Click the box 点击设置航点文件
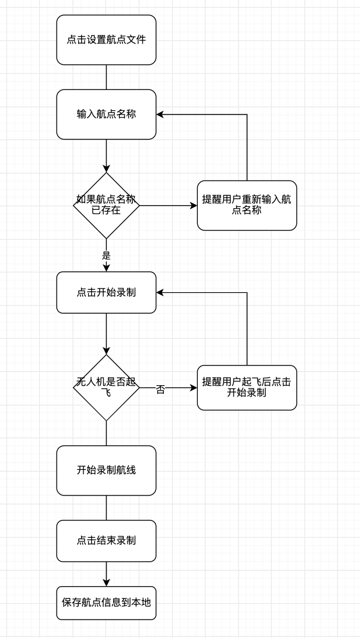pyautogui.click(x=106, y=40)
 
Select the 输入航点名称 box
pyautogui.click(x=106, y=114)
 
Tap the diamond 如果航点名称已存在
pyautogui.click(x=106, y=206)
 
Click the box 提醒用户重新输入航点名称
pyautogui.click(x=247, y=206)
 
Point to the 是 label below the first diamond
pyautogui.click(x=106, y=255)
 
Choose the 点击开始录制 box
pyautogui.click(x=106, y=292)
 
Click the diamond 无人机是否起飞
pyautogui.click(x=106, y=388)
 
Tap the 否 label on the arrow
pyautogui.click(x=160, y=389)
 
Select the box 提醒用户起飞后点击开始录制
pyautogui.click(x=247, y=388)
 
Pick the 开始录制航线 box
pyautogui.click(x=106, y=470)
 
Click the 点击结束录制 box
pyautogui.click(x=106, y=541)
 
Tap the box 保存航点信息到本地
pyautogui.click(x=106, y=602)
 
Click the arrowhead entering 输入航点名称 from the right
pyautogui.click(x=161, y=114)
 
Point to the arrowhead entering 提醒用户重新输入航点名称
pyautogui.click(x=193, y=206)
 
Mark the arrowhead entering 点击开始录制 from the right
pyautogui.click(x=161, y=292)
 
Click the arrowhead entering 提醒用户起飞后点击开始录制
pyautogui.click(x=193, y=388)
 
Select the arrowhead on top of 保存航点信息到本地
pyautogui.click(x=106, y=582)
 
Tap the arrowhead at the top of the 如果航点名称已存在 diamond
pyautogui.click(x=106, y=168)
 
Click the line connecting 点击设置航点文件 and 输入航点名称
pyautogui.click(x=106, y=77)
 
